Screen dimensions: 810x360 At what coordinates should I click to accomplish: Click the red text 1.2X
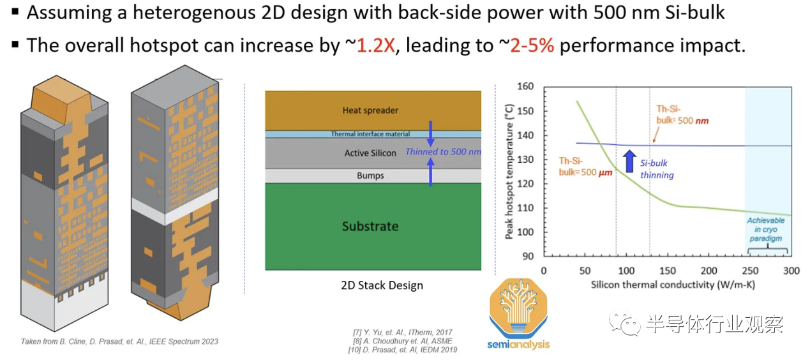pyautogui.click(x=376, y=45)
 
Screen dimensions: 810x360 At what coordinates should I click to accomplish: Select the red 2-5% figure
pyautogui.click(x=532, y=45)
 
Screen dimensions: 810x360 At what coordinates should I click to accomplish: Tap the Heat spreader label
pyautogui.click(x=370, y=110)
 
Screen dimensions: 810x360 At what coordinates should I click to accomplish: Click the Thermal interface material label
pyautogui.click(x=370, y=134)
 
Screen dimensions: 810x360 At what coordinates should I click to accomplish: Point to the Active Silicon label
pyautogui.click(x=370, y=153)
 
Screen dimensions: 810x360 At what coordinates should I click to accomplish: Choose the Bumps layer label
pyautogui.click(x=370, y=176)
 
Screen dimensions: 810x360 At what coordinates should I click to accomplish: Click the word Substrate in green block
pyautogui.click(x=370, y=226)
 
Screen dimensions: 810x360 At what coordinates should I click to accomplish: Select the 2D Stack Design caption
pyautogui.click(x=382, y=285)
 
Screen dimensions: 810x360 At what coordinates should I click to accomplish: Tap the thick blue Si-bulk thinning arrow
pyautogui.click(x=629, y=161)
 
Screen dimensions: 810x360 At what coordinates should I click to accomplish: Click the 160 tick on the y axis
pyautogui.click(x=525, y=86)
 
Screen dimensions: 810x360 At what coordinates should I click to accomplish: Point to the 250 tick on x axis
pyautogui.click(x=750, y=271)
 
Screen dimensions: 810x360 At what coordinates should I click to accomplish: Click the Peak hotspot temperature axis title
pyautogui.click(x=509, y=172)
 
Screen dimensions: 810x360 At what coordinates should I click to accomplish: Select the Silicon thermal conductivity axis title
pyautogui.click(x=673, y=285)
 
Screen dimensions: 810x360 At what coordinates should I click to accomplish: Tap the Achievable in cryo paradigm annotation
pyautogui.click(x=765, y=229)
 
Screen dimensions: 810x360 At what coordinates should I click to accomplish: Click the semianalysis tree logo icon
pyautogui.click(x=518, y=306)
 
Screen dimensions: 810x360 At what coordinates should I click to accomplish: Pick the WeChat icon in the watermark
pyautogui.click(x=624, y=323)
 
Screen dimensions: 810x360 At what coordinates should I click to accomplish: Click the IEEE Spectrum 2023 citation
pyautogui.click(x=119, y=341)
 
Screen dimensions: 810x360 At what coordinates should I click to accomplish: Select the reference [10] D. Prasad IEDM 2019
pyautogui.click(x=403, y=350)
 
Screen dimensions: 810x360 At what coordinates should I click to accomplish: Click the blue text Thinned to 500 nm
pyautogui.click(x=444, y=151)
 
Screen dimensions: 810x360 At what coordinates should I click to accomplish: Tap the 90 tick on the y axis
pyautogui.click(x=528, y=256)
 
